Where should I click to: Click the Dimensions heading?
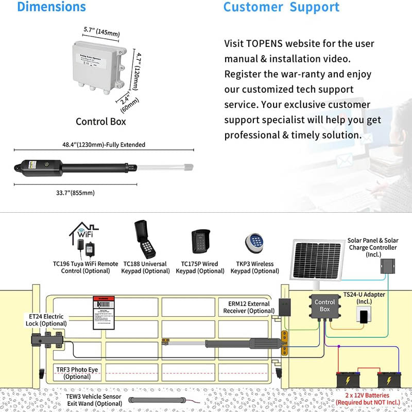(x=51, y=7)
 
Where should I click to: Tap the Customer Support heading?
(x=281, y=7)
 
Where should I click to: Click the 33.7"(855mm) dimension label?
(x=75, y=193)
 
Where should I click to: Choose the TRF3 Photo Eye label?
(x=77, y=373)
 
